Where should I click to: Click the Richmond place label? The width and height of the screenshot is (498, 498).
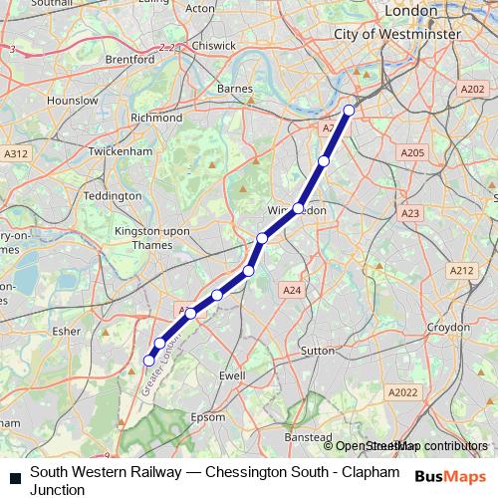tap(156, 117)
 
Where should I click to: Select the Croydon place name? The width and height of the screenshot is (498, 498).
tap(447, 327)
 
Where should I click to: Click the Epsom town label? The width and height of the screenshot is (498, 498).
tap(207, 416)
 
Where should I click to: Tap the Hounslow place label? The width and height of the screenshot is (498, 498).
tap(72, 101)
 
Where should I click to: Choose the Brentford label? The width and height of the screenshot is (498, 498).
tap(129, 60)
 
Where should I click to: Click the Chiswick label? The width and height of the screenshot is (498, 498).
tap(215, 46)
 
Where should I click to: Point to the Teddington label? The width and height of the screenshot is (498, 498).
tap(113, 195)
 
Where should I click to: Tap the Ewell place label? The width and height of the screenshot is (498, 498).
tap(231, 375)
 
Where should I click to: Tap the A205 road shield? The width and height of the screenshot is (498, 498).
tap(411, 152)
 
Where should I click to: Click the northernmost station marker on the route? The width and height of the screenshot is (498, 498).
tap(349, 111)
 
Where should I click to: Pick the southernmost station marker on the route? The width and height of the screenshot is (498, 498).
tap(149, 361)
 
